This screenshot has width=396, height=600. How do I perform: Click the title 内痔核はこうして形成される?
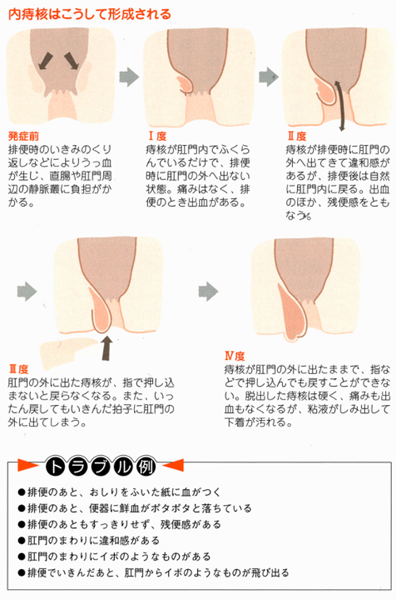pyautogui.click(x=89, y=13)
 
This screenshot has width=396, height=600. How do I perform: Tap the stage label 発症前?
pyautogui.click(x=23, y=136)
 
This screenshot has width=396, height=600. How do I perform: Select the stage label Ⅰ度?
pyautogui.click(x=158, y=136)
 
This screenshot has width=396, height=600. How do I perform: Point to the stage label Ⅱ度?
pyautogui.click(x=297, y=136)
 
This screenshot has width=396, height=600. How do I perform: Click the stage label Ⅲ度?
pyautogui.click(x=18, y=369)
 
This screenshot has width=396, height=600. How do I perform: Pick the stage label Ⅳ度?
pyautogui.click(x=234, y=356)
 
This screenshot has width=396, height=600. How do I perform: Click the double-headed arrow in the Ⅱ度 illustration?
pyautogui.click(x=340, y=105)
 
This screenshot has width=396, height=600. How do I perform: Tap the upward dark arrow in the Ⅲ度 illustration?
pyautogui.click(x=107, y=348)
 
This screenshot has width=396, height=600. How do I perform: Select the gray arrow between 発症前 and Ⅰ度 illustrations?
pyautogui.click(x=129, y=77)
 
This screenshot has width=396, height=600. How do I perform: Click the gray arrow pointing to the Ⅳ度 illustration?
pyautogui.click(x=208, y=292)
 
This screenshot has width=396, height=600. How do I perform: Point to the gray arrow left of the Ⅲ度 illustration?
pyautogui.click(x=27, y=292)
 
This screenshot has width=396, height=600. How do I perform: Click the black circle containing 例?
pyautogui.click(x=146, y=467)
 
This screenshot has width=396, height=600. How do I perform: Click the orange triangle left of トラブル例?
pyautogui.click(x=28, y=465)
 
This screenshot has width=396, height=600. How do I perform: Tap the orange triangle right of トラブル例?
pyautogui.click(x=173, y=465)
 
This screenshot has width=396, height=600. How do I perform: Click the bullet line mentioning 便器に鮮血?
pyautogui.click(x=135, y=508)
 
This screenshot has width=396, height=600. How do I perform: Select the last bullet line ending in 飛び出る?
pyautogui.click(x=154, y=572)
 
